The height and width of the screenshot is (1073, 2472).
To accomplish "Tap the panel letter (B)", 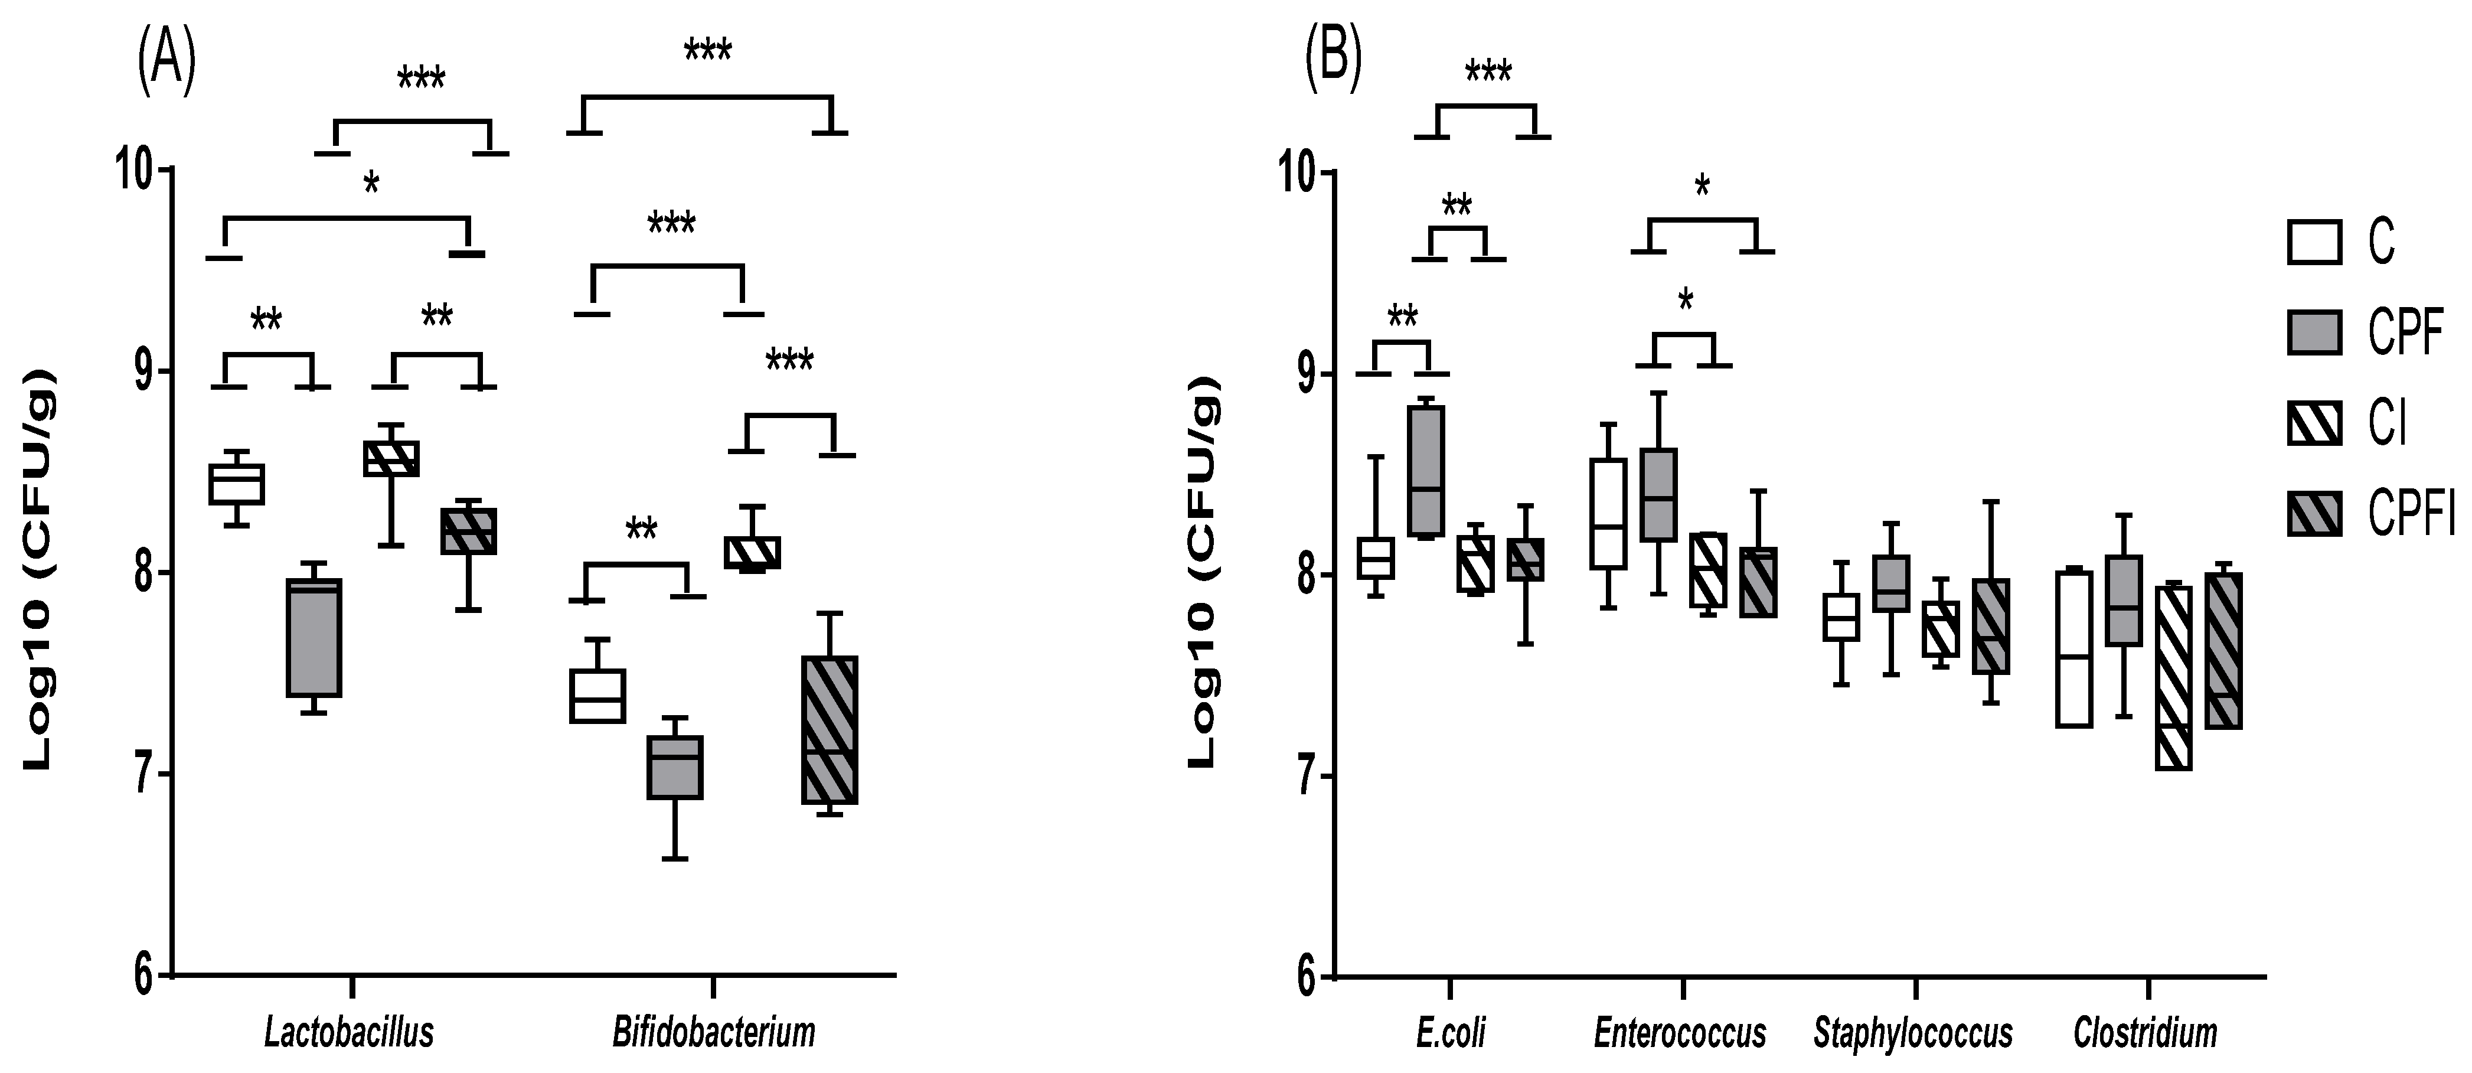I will coord(1332,60).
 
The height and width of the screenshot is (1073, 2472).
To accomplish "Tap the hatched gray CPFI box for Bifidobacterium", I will coord(829,729).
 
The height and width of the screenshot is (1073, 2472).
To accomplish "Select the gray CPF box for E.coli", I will coord(1426,470).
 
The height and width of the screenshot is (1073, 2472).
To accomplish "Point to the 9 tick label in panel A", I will coord(143,373).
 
